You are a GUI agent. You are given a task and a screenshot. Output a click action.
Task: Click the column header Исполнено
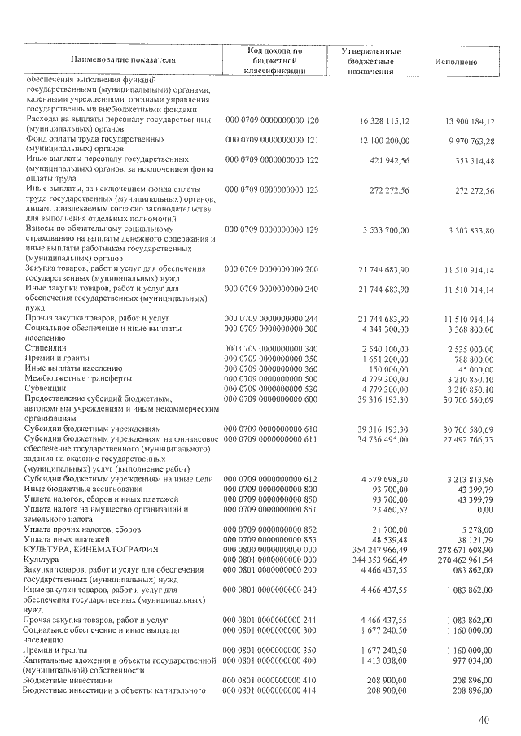point(456,61)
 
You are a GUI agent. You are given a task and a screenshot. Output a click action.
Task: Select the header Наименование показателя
point(123,60)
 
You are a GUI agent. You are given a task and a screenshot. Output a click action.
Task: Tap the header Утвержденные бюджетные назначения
point(370,61)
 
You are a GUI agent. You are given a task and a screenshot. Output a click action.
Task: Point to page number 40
point(484,720)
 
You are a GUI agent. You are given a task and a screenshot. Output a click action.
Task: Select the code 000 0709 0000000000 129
point(272,230)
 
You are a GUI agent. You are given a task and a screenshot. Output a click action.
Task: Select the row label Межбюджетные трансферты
point(78,379)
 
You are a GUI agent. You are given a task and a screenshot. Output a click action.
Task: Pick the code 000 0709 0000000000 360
point(272,368)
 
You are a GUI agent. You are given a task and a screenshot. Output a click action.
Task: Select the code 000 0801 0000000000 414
point(272,690)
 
